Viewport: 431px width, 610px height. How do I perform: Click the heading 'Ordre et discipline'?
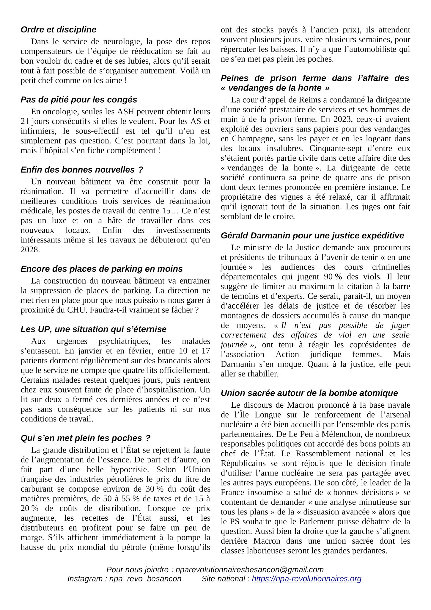pos(59,30)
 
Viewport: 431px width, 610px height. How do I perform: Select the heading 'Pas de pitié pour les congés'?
pos(79,100)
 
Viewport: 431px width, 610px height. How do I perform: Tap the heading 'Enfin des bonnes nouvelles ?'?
pos(82,170)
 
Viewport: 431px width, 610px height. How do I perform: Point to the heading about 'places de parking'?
pos(102,269)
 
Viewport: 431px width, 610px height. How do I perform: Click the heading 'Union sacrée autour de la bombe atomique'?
pos(309,393)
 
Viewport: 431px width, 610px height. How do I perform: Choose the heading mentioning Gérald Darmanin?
pos(312,236)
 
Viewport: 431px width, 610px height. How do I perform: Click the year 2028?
pos(30,250)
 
